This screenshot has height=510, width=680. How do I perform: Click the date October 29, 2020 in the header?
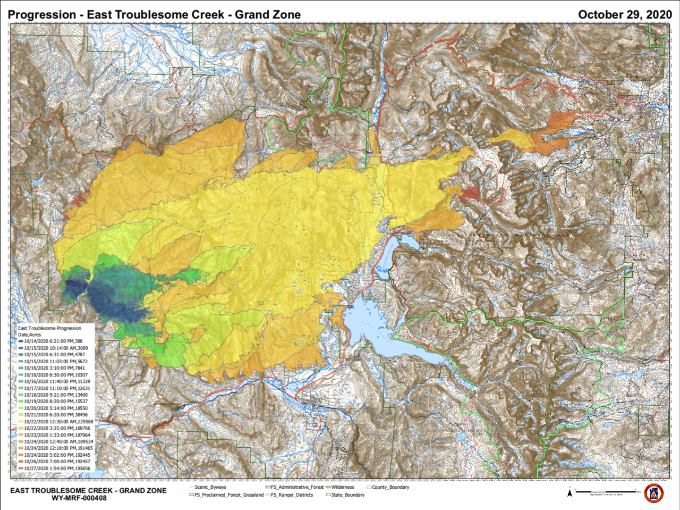pyautogui.click(x=625, y=14)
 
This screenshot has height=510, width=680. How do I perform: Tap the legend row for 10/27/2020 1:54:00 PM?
pyautogui.click(x=56, y=469)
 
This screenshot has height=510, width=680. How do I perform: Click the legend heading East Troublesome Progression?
pyautogui.click(x=49, y=328)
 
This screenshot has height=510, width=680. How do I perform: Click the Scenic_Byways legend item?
pyautogui.click(x=208, y=487)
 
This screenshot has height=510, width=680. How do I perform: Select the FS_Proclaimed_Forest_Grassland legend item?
pyautogui.click(x=227, y=495)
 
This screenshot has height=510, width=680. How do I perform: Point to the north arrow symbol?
pyautogui.click(x=569, y=492)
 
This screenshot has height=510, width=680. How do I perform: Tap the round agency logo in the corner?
pyautogui.click(x=653, y=493)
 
